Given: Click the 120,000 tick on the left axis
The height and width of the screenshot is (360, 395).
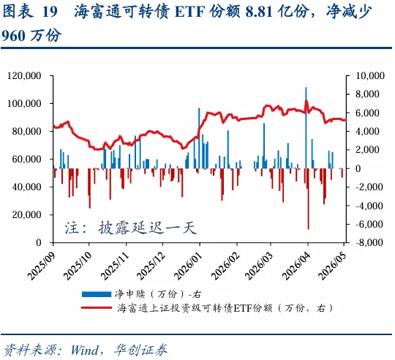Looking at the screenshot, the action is (x=24, y=76).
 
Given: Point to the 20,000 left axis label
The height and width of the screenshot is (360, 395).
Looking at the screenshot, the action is (x=26, y=215).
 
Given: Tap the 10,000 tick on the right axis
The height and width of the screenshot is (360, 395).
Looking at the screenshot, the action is (x=370, y=76).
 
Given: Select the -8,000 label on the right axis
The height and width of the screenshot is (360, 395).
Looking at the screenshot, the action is (x=369, y=243).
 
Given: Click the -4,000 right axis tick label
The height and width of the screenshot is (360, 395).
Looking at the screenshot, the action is (x=369, y=206).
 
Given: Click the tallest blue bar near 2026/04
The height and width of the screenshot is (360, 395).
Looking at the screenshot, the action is (x=306, y=128).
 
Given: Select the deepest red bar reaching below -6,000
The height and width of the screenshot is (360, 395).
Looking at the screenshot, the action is (x=309, y=199).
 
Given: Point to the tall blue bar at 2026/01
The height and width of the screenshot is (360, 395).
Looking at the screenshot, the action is (x=199, y=138).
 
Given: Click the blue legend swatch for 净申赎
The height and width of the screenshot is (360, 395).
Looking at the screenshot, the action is (x=97, y=294).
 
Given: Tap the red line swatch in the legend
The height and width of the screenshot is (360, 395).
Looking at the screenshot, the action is (x=97, y=307).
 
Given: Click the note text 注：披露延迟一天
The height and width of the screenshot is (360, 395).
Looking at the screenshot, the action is (x=131, y=228).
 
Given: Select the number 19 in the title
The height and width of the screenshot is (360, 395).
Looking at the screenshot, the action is (x=50, y=12).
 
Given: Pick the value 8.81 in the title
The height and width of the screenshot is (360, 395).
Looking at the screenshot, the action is (x=259, y=12).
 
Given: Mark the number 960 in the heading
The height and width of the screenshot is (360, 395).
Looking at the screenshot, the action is (x=14, y=36).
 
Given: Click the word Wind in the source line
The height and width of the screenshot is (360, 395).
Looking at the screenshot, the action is (x=84, y=350).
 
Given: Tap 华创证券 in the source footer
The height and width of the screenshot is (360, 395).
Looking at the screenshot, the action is (x=141, y=350).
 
